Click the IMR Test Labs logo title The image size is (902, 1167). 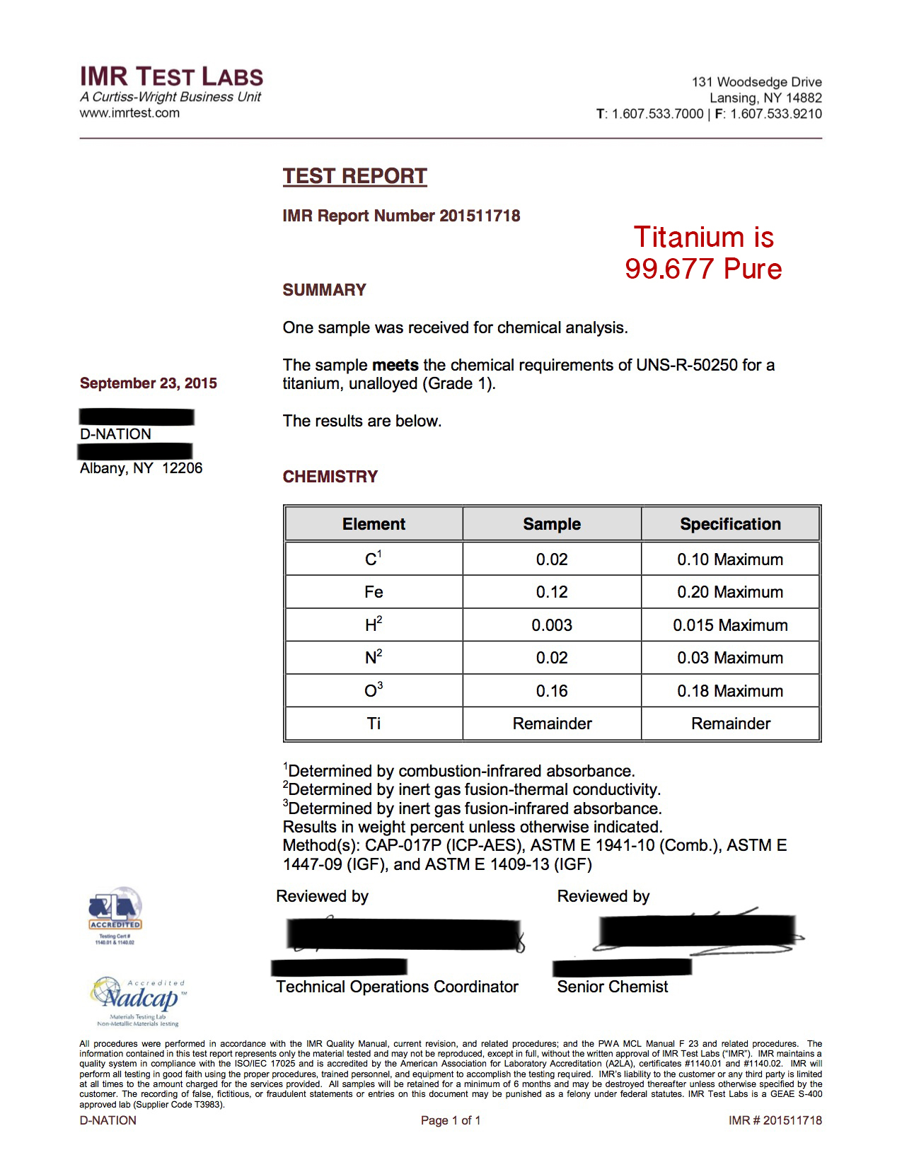coord(171,76)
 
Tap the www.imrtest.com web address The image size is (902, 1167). coord(129,113)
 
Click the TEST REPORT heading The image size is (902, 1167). coord(354,176)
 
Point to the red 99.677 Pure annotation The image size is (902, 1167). coord(703,269)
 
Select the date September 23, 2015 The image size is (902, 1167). coord(149,383)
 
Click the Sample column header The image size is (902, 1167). coord(552,524)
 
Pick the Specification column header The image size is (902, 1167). coord(730,524)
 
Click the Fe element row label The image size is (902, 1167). coord(374,592)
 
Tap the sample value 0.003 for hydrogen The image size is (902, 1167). coord(552,625)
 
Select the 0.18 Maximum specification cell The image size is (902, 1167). coord(730,691)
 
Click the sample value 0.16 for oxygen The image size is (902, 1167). coord(552,691)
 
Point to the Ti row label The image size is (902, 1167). coord(374,724)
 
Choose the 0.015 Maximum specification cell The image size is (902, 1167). coord(730,625)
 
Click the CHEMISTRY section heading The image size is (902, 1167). coord(330,477)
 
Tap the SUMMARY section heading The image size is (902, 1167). coord(324,290)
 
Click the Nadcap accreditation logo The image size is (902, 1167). coord(139,1000)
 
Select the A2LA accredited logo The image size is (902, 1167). coord(115,915)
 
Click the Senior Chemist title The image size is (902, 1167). coord(612,987)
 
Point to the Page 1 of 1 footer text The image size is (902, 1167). coord(451,1120)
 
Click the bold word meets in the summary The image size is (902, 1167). coord(395,365)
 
